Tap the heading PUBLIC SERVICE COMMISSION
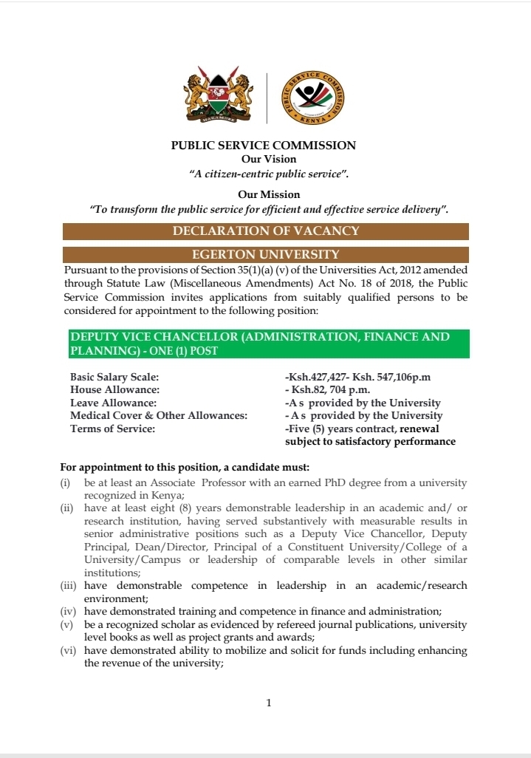tap(264, 146)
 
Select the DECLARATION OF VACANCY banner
tap(266, 231)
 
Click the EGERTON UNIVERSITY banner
tap(266, 254)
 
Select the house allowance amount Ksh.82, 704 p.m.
tap(333, 390)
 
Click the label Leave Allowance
tap(113, 403)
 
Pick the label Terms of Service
tap(112, 429)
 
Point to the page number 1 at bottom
tap(269, 703)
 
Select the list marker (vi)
tap(69, 650)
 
